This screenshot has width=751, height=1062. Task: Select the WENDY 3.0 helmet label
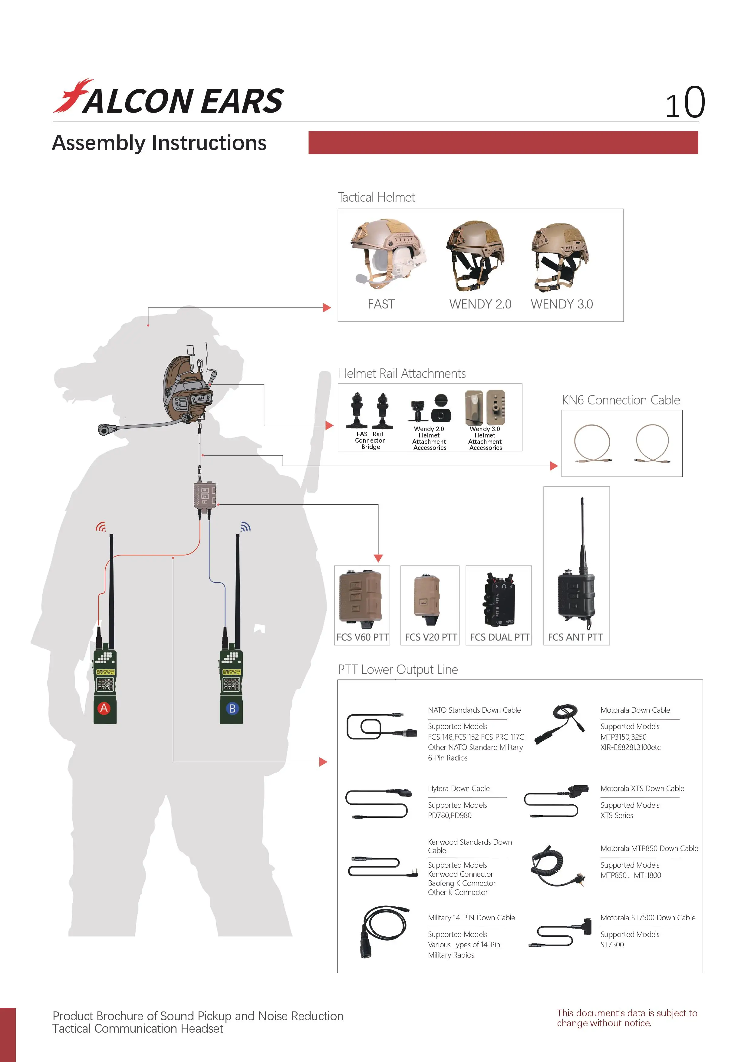[x=562, y=304]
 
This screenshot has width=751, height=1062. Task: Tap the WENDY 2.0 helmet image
[x=475, y=255]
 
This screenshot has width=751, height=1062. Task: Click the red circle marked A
[x=104, y=708]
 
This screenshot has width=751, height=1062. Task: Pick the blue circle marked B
[x=232, y=708]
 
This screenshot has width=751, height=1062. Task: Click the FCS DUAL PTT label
[x=500, y=637]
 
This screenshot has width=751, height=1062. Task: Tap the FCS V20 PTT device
[x=427, y=600]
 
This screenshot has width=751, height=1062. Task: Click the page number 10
[x=685, y=102]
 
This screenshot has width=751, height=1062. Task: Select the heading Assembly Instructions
[x=159, y=143]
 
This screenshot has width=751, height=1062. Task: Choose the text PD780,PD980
[x=450, y=816]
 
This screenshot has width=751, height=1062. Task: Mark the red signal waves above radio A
[x=101, y=526]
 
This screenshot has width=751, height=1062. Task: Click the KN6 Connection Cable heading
[x=621, y=400]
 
